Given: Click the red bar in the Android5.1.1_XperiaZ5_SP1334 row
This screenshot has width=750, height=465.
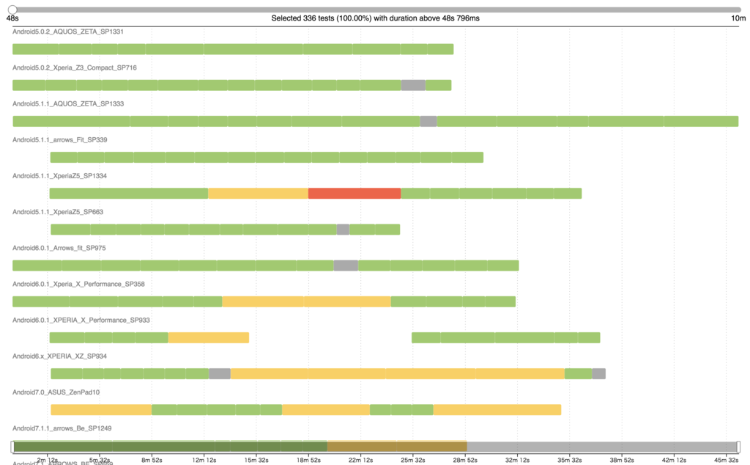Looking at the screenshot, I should pyautogui.click(x=354, y=194).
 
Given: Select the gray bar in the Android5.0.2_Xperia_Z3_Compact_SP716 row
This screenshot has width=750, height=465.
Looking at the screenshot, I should pyautogui.click(x=413, y=85).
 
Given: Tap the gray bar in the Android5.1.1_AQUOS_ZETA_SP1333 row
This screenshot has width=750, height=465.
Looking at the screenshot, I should pyautogui.click(x=428, y=121).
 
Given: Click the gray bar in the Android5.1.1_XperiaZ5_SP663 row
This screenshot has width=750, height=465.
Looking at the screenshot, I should pyautogui.click(x=343, y=230).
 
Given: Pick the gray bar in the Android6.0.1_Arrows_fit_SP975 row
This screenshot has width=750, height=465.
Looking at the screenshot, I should pyautogui.click(x=346, y=266).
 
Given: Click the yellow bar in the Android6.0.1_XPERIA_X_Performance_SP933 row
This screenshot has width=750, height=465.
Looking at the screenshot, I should pyautogui.click(x=209, y=337).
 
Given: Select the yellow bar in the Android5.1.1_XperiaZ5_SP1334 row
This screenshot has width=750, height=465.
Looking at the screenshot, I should pyautogui.click(x=259, y=194).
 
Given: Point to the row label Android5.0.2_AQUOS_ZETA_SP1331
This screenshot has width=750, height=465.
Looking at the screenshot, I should pyautogui.click(x=62, y=32).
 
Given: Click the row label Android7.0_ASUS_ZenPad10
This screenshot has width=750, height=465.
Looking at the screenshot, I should pyautogui.click(x=56, y=392).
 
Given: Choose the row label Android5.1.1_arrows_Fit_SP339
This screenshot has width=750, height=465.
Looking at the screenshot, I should pyautogui.click(x=60, y=139).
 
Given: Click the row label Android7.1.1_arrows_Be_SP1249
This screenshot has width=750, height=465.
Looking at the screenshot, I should pyautogui.click(x=62, y=428).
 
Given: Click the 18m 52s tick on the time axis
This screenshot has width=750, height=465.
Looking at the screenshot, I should pyautogui.click(x=308, y=460).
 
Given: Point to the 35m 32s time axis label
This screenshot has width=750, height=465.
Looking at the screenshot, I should pyautogui.click(x=570, y=460).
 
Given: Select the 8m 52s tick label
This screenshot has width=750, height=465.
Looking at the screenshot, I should pyautogui.click(x=152, y=460).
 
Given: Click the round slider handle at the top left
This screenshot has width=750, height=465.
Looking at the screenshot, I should pyautogui.click(x=12, y=10).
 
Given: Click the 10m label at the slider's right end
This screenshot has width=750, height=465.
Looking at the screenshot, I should pyautogui.click(x=738, y=18).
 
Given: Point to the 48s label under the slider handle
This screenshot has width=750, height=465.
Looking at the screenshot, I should pyautogui.click(x=12, y=18).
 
